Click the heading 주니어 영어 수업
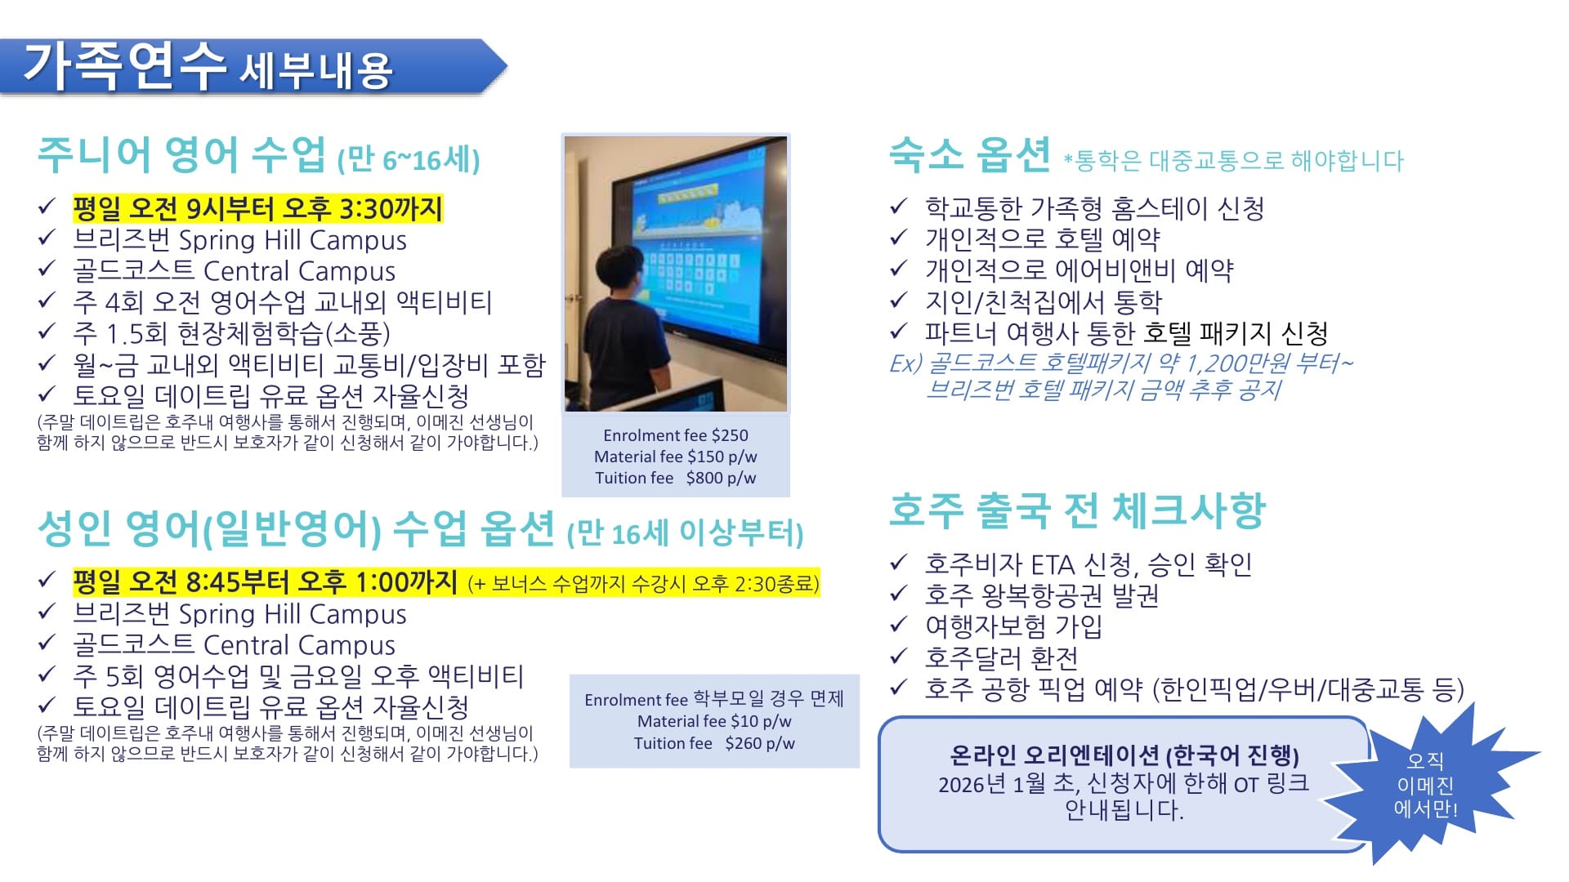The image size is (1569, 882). (181, 155)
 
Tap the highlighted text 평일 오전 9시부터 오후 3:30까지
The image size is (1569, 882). (257, 209)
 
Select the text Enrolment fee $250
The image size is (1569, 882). (676, 435)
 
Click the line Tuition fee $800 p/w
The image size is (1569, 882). (676, 478)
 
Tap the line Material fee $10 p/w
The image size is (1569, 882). (714, 721)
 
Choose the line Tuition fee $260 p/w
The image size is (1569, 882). (714, 743)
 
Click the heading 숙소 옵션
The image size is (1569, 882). (969, 154)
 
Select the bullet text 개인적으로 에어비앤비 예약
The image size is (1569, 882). (1079, 270)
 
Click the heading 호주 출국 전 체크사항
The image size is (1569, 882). (1077, 510)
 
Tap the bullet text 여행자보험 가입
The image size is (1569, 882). (1013, 626)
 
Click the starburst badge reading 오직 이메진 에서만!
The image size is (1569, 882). (1425, 785)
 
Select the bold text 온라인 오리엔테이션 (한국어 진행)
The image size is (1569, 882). (1124, 755)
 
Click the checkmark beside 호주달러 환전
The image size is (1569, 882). (899, 657)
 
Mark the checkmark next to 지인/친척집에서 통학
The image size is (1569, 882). (899, 301)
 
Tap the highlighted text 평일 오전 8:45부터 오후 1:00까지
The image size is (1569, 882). (265, 582)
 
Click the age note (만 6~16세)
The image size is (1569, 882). (409, 159)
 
